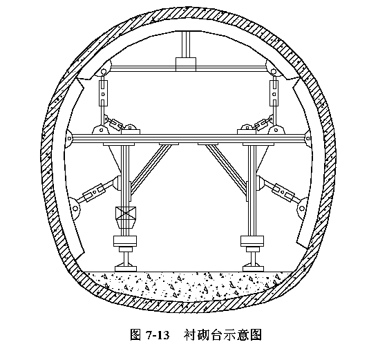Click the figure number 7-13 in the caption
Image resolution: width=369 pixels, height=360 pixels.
tap(158, 335)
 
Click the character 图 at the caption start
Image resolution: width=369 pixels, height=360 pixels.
tap(136, 335)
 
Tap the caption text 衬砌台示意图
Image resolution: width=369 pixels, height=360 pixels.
tap(223, 335)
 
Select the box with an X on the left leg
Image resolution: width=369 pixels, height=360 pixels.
tap(126, 213)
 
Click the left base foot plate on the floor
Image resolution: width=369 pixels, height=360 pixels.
tap(126, 269)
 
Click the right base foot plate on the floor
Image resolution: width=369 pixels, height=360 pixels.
tap(253, 269)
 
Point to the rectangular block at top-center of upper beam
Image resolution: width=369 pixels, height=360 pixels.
tap(186, 64)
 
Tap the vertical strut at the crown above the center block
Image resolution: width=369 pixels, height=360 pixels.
tap(186, 44)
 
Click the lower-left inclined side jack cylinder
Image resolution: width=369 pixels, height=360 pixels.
tap(94, 193)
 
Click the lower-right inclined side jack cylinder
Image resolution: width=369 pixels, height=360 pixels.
tap(283, 193)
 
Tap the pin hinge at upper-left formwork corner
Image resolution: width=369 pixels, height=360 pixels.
tap(103, 72)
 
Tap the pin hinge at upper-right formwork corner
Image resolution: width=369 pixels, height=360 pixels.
tap(273, 71)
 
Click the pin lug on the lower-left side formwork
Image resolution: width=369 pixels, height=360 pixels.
tap(75, 208)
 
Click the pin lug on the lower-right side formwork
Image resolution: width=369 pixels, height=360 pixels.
tap(302, 208)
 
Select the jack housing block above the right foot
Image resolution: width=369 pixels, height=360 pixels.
tap(252, 240)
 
